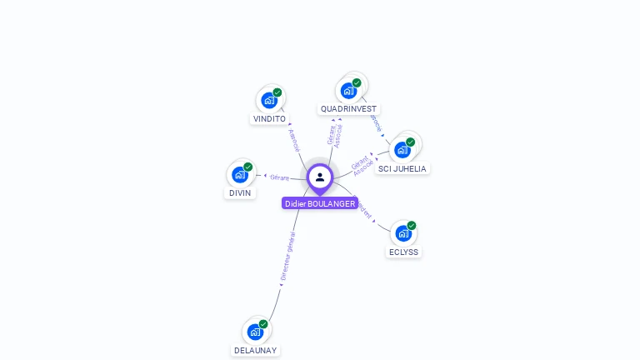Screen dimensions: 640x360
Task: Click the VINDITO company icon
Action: pos(268,100)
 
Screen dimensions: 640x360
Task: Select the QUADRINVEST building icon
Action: pos(347,90)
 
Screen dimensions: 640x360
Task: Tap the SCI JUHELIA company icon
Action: pos(402,150)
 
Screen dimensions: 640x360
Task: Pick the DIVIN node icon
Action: pos(239,174)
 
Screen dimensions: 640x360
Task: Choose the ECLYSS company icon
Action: pos(402,233)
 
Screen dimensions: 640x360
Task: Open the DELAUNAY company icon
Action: pos(255,332)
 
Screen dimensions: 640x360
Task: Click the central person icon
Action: pos(320,177)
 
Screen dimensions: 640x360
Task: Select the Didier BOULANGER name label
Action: pos(320,203)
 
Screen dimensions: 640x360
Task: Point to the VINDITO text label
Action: pos(269,119)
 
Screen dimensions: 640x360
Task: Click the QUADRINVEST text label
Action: pos(348,109)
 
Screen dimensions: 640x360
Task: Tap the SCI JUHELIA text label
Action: pos(402,169)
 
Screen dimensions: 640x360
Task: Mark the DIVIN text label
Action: pos(239,193)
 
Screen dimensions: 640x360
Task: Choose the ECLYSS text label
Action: pos(404,252)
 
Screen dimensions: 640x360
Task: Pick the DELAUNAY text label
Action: pos(255,351)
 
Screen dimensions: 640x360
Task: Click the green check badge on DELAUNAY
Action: pos(263,324)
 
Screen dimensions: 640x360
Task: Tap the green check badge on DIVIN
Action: pos(247,167)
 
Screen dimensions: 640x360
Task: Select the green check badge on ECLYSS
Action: pos(411,226)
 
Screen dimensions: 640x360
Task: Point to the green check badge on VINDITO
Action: pos(277,92)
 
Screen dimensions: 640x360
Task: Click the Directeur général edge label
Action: pos(287,256)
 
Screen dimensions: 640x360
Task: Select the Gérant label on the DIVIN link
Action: pos(279,177)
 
